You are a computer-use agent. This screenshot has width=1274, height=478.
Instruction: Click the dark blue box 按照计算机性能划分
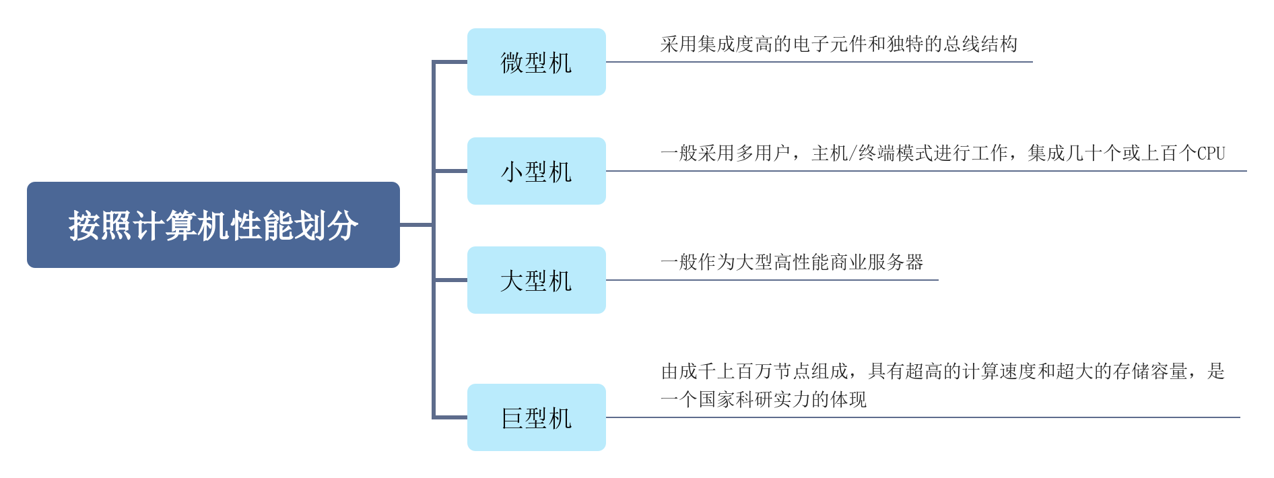point(213,225)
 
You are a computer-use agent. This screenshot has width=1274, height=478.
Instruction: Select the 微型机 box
point(536,62)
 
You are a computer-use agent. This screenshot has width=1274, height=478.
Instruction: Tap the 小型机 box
point(536,171)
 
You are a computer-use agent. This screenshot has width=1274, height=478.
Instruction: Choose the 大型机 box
point(536,280)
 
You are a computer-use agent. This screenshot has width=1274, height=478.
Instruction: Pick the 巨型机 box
point(536,417)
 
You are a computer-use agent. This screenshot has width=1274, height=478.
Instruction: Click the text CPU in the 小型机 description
point(1211,153)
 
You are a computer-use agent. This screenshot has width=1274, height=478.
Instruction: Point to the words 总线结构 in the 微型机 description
point(980,44)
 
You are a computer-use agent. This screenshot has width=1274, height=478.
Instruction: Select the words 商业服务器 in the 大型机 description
point(877,263)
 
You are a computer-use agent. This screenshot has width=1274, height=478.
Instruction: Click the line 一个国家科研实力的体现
point(764,400)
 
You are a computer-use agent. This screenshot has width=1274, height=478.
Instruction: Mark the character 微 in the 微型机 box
point(512,63)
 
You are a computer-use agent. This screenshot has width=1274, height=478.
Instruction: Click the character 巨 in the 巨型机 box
point(512,418)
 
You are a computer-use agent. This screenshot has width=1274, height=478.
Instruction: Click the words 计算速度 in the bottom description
point(999,372)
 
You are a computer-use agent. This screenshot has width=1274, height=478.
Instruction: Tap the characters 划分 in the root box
point(342,226)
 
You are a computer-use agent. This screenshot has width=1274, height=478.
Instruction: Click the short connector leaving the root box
point(416,225)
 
